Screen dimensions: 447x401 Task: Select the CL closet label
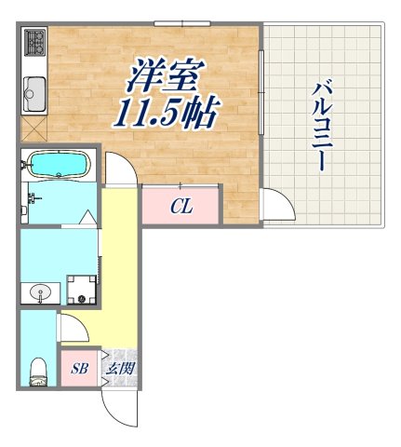pos(180,207)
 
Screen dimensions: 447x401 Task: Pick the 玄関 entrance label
pos(120,368)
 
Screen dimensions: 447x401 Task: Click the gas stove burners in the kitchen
pos(34,43)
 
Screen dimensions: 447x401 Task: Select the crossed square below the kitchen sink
pos(35,129)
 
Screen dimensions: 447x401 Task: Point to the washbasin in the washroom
pos(39,293)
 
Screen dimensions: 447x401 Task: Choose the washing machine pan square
pos(82,288)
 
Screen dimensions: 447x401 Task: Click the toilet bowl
pos(38,369)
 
